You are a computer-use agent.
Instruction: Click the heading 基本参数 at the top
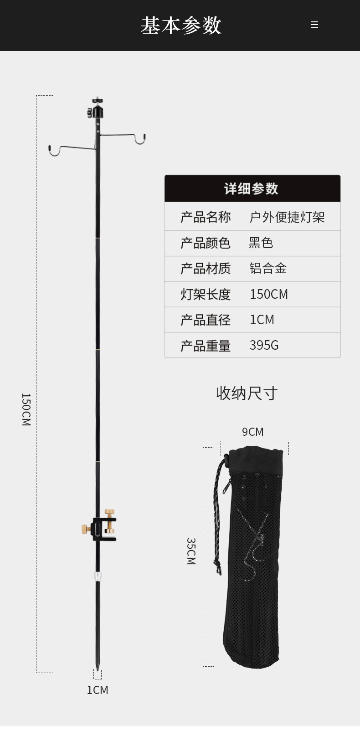181,26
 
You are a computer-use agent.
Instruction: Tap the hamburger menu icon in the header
314,25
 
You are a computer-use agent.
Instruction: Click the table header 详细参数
252,189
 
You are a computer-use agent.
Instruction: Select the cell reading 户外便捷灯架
287,217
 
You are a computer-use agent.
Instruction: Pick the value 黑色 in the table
261,243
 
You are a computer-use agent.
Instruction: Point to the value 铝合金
268,268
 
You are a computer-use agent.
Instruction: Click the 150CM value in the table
268,294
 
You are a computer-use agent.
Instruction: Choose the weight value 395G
264,345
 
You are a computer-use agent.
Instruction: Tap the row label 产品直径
206,320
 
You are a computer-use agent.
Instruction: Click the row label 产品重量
206,346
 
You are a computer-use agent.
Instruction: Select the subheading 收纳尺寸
247,393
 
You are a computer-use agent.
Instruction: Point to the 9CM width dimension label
252,432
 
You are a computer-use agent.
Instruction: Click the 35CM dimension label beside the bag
191,551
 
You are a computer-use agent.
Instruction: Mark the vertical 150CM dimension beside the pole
26,409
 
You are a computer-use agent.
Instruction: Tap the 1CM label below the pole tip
98,690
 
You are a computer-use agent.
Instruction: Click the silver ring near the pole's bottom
98,576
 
